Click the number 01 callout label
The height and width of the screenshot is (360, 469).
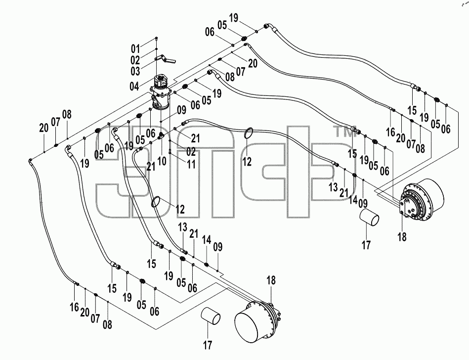pos(135,49)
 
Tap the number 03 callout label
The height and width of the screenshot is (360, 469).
pos(135,72)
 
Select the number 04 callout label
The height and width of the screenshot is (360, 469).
pos(134,87)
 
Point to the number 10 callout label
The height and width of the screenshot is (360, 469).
pos(162,161)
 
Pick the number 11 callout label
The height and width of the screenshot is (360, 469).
pos(191,164)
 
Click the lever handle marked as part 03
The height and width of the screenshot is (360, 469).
pos(166,59)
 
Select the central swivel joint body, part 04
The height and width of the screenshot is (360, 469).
pos(161,92)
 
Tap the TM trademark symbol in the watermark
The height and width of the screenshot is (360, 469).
pos(343,132)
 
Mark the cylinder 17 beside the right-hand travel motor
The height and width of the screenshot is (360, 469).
pos(369,218)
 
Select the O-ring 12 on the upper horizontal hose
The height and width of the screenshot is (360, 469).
pos(249,133)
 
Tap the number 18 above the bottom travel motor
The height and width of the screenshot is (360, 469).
pos(271,280)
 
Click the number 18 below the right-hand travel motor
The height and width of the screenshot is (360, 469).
pos(402,237)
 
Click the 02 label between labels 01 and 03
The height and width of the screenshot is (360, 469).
pos(135,60)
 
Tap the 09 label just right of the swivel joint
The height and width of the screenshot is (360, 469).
pos(181,110)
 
